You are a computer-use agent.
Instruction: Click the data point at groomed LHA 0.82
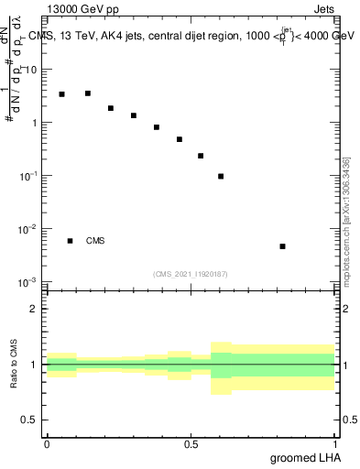(282, 246)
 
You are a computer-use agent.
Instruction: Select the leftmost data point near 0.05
(61, 94)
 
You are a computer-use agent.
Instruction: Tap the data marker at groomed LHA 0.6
(221, 176)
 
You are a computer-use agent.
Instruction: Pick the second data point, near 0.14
(88, 93)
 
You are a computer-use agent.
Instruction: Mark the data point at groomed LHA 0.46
(180, 139)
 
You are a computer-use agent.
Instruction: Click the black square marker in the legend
(70, 241)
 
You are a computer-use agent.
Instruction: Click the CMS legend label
(95, 241)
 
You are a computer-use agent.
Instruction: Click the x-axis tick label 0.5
(191, 443)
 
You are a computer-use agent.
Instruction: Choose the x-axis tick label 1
(336, 443)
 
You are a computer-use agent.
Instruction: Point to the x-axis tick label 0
(47, 443)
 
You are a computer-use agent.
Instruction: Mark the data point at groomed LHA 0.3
(134, 115)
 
